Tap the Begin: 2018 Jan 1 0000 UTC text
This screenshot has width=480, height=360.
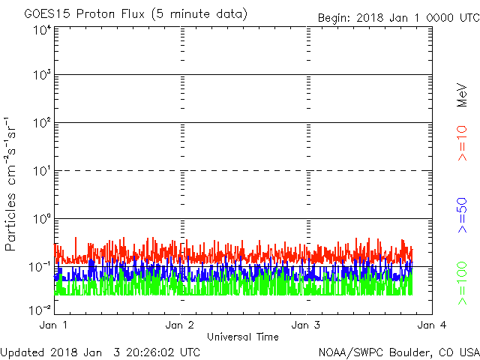(x=398, y=18)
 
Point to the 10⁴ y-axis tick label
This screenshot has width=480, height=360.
(x=43, y=31)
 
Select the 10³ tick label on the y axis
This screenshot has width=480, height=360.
(x=43, y=75)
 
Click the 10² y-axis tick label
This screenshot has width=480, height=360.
(x=43, y=123)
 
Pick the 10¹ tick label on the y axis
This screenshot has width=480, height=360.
(x=43, y=171)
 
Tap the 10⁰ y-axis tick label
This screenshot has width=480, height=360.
(x=43, y=219)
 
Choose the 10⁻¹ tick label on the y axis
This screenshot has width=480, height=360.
(x=40, y=267)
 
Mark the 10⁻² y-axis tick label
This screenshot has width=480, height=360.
(x=40, y=310)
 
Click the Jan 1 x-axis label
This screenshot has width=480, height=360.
(x=53, y=325)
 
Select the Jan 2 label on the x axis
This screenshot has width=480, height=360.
(x=180, y=325)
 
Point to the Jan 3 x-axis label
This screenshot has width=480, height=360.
(x=306, y=325)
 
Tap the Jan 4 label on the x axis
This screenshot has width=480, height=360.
(x=432, y=325)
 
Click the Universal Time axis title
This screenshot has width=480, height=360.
(x=243, y=337)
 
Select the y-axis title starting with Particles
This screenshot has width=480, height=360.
(x=10, y=184)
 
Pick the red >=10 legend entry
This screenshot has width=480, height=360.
(x=462, y=143)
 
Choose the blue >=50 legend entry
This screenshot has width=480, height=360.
(x=462, y=215)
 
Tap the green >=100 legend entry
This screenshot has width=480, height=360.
(x=462, y=283)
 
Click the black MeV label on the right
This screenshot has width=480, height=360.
(x=462, y=95)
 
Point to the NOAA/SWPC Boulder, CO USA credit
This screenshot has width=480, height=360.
(x=399, y=352)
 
